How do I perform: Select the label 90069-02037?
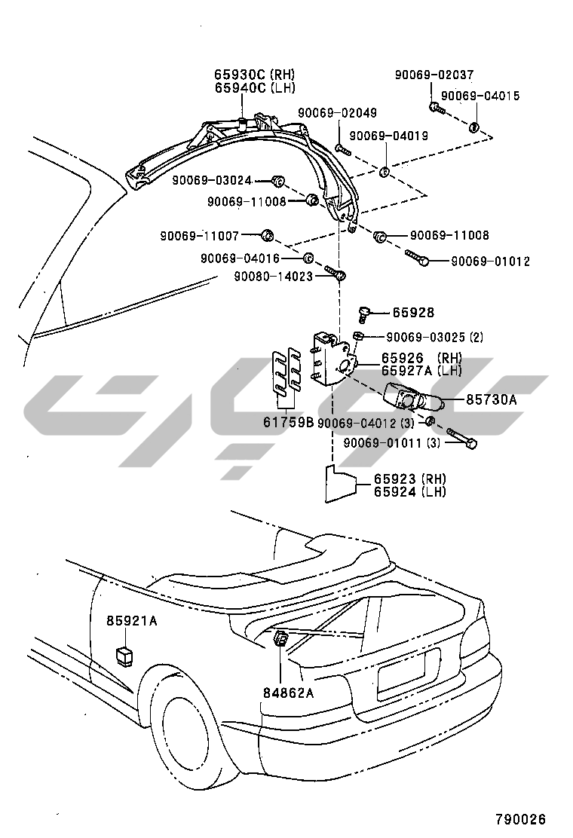(x=434, y=75)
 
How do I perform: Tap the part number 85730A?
(x=491, y=400)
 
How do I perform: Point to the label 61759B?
(x=288, y=422)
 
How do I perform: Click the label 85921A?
(x=131, y=621)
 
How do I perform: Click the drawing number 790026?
(x=520, y=819)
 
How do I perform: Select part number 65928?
(x=412, y=312)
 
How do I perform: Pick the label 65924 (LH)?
(x=409, y=491)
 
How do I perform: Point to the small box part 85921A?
(x=124, y=653)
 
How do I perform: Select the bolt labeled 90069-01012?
(x=418, y=258)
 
